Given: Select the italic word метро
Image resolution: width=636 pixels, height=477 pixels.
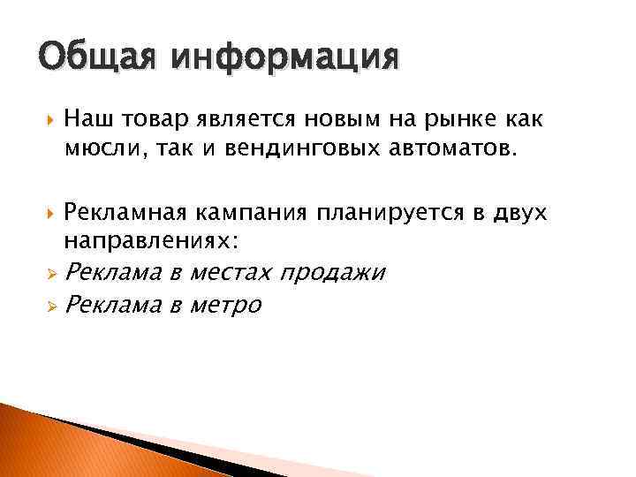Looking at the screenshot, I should (x=223, y=306).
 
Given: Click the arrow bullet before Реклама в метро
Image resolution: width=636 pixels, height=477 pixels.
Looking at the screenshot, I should (x=51, y=306).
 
